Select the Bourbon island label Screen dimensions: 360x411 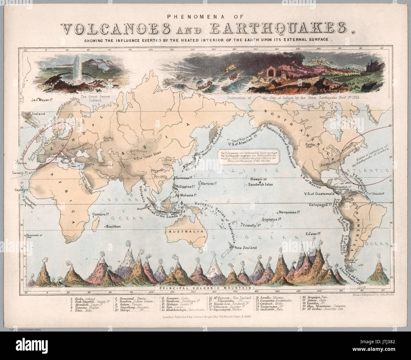[x=114, y=227]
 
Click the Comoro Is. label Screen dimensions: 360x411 [x=101, y=214]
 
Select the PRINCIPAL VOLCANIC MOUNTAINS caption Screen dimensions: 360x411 [x=207, y=288]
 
